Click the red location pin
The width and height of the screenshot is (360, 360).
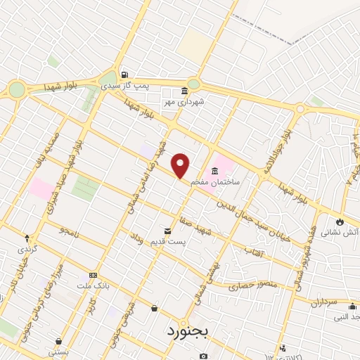tap(181, 166)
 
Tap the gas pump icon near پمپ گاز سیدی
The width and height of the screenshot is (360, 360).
tap(124, 75)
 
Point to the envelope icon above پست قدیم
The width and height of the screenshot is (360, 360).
tap(167, 231)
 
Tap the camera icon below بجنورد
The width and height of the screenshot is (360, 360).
tap(203, 356)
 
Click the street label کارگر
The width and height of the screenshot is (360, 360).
tap(89, 307)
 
